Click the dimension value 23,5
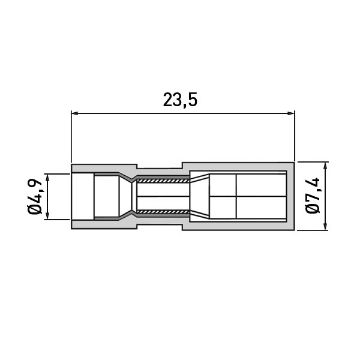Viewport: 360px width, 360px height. point(180,100)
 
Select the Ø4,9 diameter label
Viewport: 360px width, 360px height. point(35,196)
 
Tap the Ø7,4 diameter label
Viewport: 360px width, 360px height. point(313,196)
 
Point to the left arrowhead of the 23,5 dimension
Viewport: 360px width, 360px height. point(75,113)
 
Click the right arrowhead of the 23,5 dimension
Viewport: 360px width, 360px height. point(291,113)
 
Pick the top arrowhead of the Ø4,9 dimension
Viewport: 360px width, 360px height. point(47,178)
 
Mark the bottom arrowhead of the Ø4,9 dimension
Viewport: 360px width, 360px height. point(47,216)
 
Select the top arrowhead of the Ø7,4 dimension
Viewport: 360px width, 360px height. point(325,166)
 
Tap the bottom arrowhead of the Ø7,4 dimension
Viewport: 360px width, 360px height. point(325,226)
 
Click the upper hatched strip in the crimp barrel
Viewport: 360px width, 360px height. point(163,181)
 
